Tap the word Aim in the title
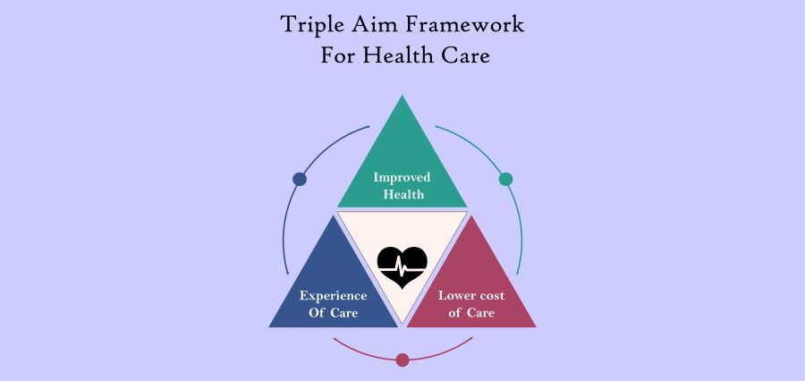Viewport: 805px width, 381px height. pyautogui.click(x=377, y=24)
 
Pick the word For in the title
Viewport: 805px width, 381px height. pyautogui.click(x=340, y=55)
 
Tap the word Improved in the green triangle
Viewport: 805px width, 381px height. pyautogui.click(x=402, y=177)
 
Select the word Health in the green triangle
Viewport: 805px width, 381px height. pyautogui.click(x=402, y=194)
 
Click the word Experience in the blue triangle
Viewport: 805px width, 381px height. pyautogui.click(x=333, y=295)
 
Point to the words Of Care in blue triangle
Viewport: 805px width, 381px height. pyautogui.click(x=333, y=313)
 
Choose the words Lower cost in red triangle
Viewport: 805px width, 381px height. pyautogui.click(x=471, y=295)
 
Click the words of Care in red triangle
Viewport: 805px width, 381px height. pyautogui.click(x=471, y=313)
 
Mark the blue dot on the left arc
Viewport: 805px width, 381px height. pyautogui.click(x=300, y=179)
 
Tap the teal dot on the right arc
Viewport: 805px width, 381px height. pyautogui.click(x=505, y=179)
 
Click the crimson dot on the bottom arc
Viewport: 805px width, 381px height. pyautogui.click(x=402, y=360)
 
